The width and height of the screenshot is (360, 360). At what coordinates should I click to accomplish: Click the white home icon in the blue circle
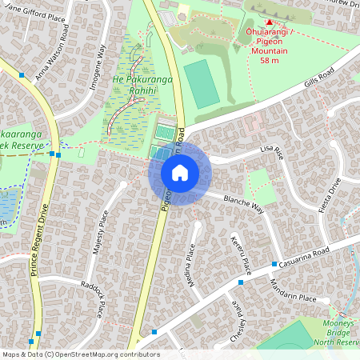point(180,173)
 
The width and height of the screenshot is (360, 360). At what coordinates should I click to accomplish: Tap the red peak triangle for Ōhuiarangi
point(269,22)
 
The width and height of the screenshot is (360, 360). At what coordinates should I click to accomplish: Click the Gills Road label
point(322,84)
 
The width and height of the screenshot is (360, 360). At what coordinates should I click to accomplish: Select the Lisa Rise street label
point(271,151)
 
